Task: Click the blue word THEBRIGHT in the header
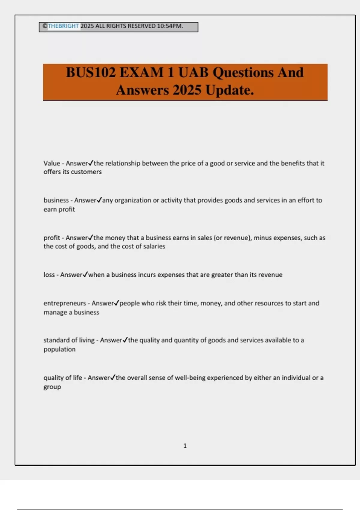(x=63, y=26)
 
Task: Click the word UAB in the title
(x=193, y=73)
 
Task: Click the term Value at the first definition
(x=52, y=163)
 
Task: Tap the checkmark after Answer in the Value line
(x=91, y=163)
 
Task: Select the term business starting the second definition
(x=56, y=200)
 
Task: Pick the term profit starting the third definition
(x=52, y=238)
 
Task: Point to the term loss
(x=49, y=275)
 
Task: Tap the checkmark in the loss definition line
(x=85, y=274)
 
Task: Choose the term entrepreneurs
(x=65, y=303)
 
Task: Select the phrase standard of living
(x=69, y=340)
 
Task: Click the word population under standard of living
(x=59, y=349)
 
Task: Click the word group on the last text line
(x=52, y=387)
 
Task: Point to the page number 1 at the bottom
(x=185, y=446)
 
